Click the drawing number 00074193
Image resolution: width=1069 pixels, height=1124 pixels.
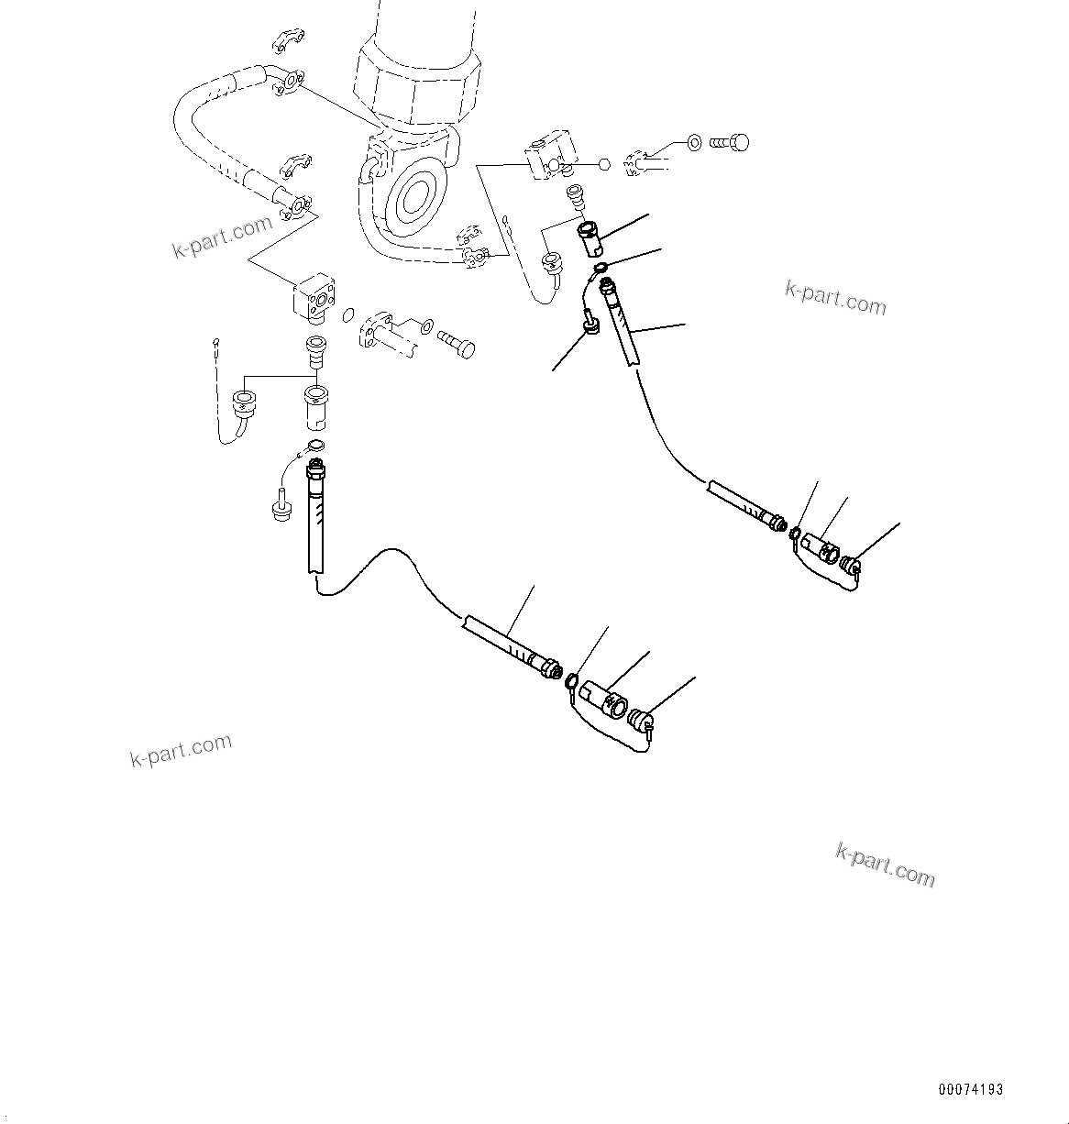(x=970, y=1090)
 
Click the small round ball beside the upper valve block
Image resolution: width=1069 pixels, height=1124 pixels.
(x=603, y=165)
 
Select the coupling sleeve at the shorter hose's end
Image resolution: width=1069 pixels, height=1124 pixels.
(x=819, y=549)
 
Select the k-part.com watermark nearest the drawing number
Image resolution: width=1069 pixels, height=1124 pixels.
(x=885, y=865)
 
